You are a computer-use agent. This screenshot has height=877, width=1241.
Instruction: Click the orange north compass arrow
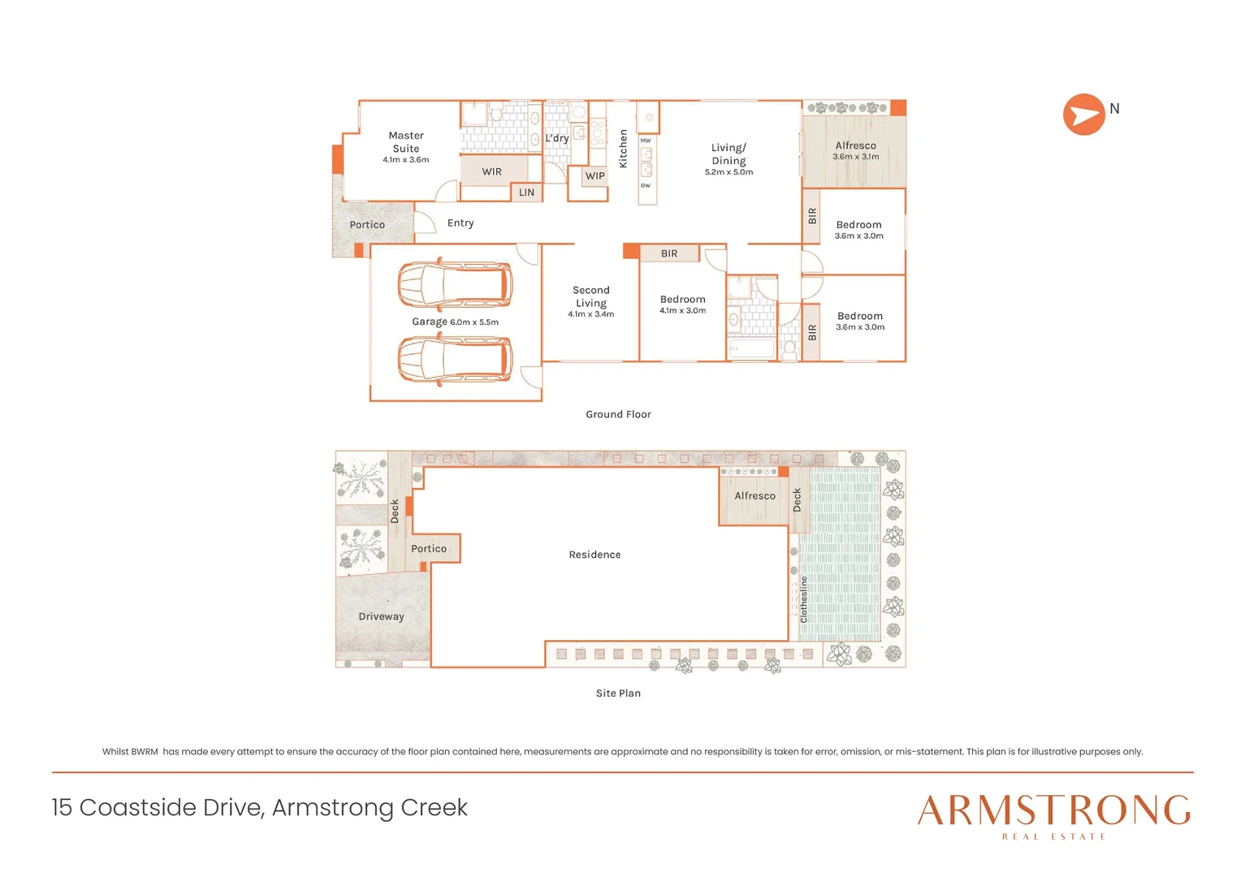click(x=1083, y=114)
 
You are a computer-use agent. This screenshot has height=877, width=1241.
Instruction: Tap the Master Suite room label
click(x=406, y=142)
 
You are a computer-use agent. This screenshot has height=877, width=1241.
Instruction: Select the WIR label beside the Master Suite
click(x=491, y=171)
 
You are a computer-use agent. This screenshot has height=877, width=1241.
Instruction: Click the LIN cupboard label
click(x=526, y=192)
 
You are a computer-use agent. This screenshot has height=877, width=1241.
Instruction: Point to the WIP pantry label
click(x=595, y=175)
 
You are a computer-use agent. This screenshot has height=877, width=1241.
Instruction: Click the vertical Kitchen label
click(x=623, y=149)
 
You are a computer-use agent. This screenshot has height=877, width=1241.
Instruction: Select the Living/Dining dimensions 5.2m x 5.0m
click(x=729, y=172)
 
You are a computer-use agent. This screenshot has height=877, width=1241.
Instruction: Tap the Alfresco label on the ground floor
click(x=855, y=145)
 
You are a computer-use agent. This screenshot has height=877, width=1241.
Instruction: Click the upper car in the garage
click(x=455, y=285)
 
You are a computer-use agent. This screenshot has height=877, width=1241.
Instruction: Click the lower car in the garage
click(x=455, y=359)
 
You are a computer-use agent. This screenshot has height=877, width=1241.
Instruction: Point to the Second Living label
click(x=590, y=296)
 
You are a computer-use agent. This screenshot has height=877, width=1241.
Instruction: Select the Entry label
click(x=460, y=222)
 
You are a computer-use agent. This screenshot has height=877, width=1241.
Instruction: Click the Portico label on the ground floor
click(x=367, y=225)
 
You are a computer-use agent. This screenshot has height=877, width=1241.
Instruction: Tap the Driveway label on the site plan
click(x=381, y=616)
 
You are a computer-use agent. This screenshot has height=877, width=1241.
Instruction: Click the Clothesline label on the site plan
click(x=804, y=599)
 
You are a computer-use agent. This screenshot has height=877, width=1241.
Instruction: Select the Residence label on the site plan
click(x=595, y=555)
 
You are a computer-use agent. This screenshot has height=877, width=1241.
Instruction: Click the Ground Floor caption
click(x=618, y=414)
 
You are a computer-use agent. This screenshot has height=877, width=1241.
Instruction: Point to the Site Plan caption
click(x=618, y=693)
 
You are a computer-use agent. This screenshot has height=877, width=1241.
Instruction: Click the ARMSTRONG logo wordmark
click(x=1053, y=810)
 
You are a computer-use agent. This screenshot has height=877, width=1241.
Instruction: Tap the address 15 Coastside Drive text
click(x=259, y=807)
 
